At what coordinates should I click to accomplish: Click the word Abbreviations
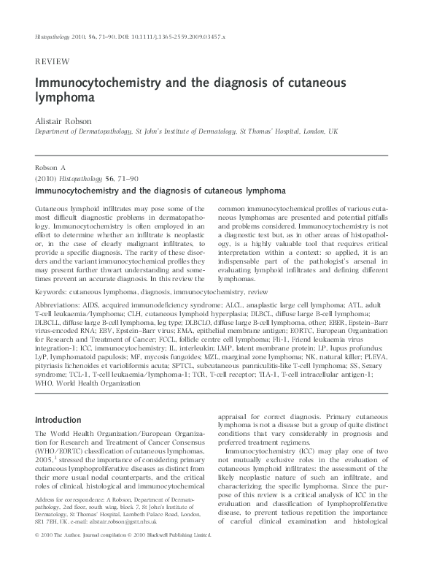63,304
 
